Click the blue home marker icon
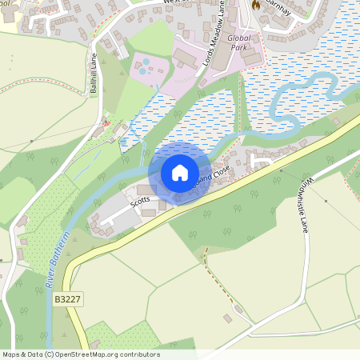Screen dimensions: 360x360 click(179, 172)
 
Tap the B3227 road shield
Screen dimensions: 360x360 click(67, 299)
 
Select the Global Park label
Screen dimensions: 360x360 click(239, 42)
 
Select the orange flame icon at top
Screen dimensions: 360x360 click(256, 5)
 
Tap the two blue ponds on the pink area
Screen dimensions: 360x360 click(143, 70)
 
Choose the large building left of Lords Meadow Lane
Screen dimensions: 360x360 click(186, 58)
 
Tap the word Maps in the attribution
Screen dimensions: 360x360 click(11, 354)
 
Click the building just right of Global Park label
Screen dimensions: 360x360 click(253, 57)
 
